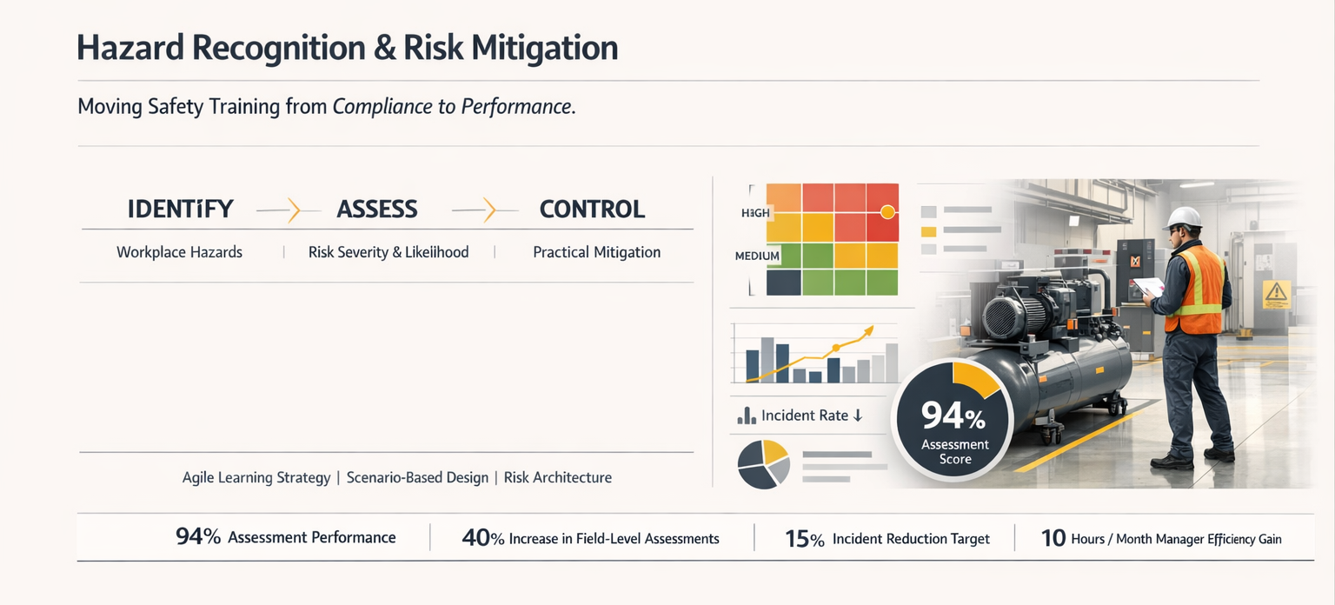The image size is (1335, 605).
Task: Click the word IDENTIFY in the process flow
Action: [x=180, y=209]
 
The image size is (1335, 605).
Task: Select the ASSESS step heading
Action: [x=377, y=209]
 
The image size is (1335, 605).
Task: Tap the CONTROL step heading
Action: [x=592, y=209]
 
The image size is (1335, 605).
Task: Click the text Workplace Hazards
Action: [x=179, y=252]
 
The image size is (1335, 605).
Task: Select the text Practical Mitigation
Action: [x=596, y=252]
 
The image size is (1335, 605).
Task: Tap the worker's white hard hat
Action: [x=1182, y=217]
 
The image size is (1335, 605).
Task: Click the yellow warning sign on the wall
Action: [x=1276, y=294]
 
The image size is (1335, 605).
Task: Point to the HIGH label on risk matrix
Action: [x=755, y=213]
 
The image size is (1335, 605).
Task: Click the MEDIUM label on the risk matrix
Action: [x=757, y=256]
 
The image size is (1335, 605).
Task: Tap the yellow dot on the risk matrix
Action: [x=887, y=211]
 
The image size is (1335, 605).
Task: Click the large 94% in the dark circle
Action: [x=953, y=416]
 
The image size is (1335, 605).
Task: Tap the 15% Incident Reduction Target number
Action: [x=804, y=539]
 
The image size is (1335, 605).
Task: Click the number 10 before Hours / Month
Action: [x=1053, y=538]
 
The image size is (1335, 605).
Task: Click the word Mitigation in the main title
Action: [x=545, y=48]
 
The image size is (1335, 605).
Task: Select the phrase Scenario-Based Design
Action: [x=417, y=477]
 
